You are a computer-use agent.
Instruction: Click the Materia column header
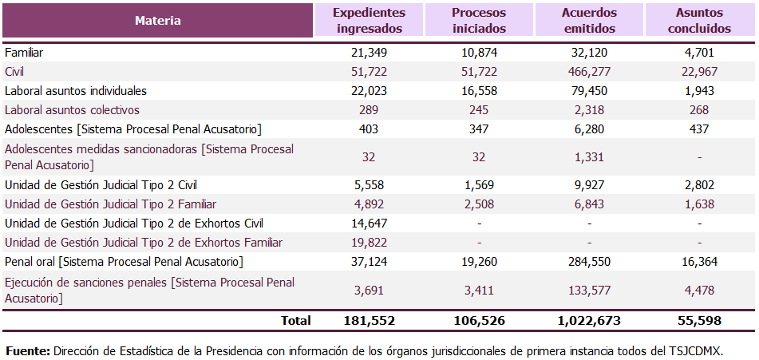tap(157, 21)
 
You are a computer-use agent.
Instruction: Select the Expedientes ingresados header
tap(369, 21)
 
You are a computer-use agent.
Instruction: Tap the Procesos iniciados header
tap(479, 21)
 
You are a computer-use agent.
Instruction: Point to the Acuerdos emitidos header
tap(589, 21)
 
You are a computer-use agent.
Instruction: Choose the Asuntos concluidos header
tap(699, 21)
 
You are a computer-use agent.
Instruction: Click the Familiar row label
tap(24, 53)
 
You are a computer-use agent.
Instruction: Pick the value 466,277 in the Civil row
tap(589, 72)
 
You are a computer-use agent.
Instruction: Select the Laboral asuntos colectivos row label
tap(72, 110)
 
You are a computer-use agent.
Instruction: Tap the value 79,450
tap(589, 91)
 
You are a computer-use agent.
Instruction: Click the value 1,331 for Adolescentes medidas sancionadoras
tap(589, 157)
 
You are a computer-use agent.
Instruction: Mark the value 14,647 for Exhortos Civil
tap(369, 224)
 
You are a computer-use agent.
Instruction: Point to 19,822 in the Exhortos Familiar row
tap(369, 243)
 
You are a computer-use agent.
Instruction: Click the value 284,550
tap(589, 262)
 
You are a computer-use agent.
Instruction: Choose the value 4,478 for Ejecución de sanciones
tap(699, 290)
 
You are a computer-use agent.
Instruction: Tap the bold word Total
tap(295, 321)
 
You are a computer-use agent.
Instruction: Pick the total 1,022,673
tap(589, 321)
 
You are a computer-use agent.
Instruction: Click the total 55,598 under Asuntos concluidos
tap(699, 321)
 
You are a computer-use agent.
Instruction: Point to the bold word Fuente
tap(28, 351)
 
